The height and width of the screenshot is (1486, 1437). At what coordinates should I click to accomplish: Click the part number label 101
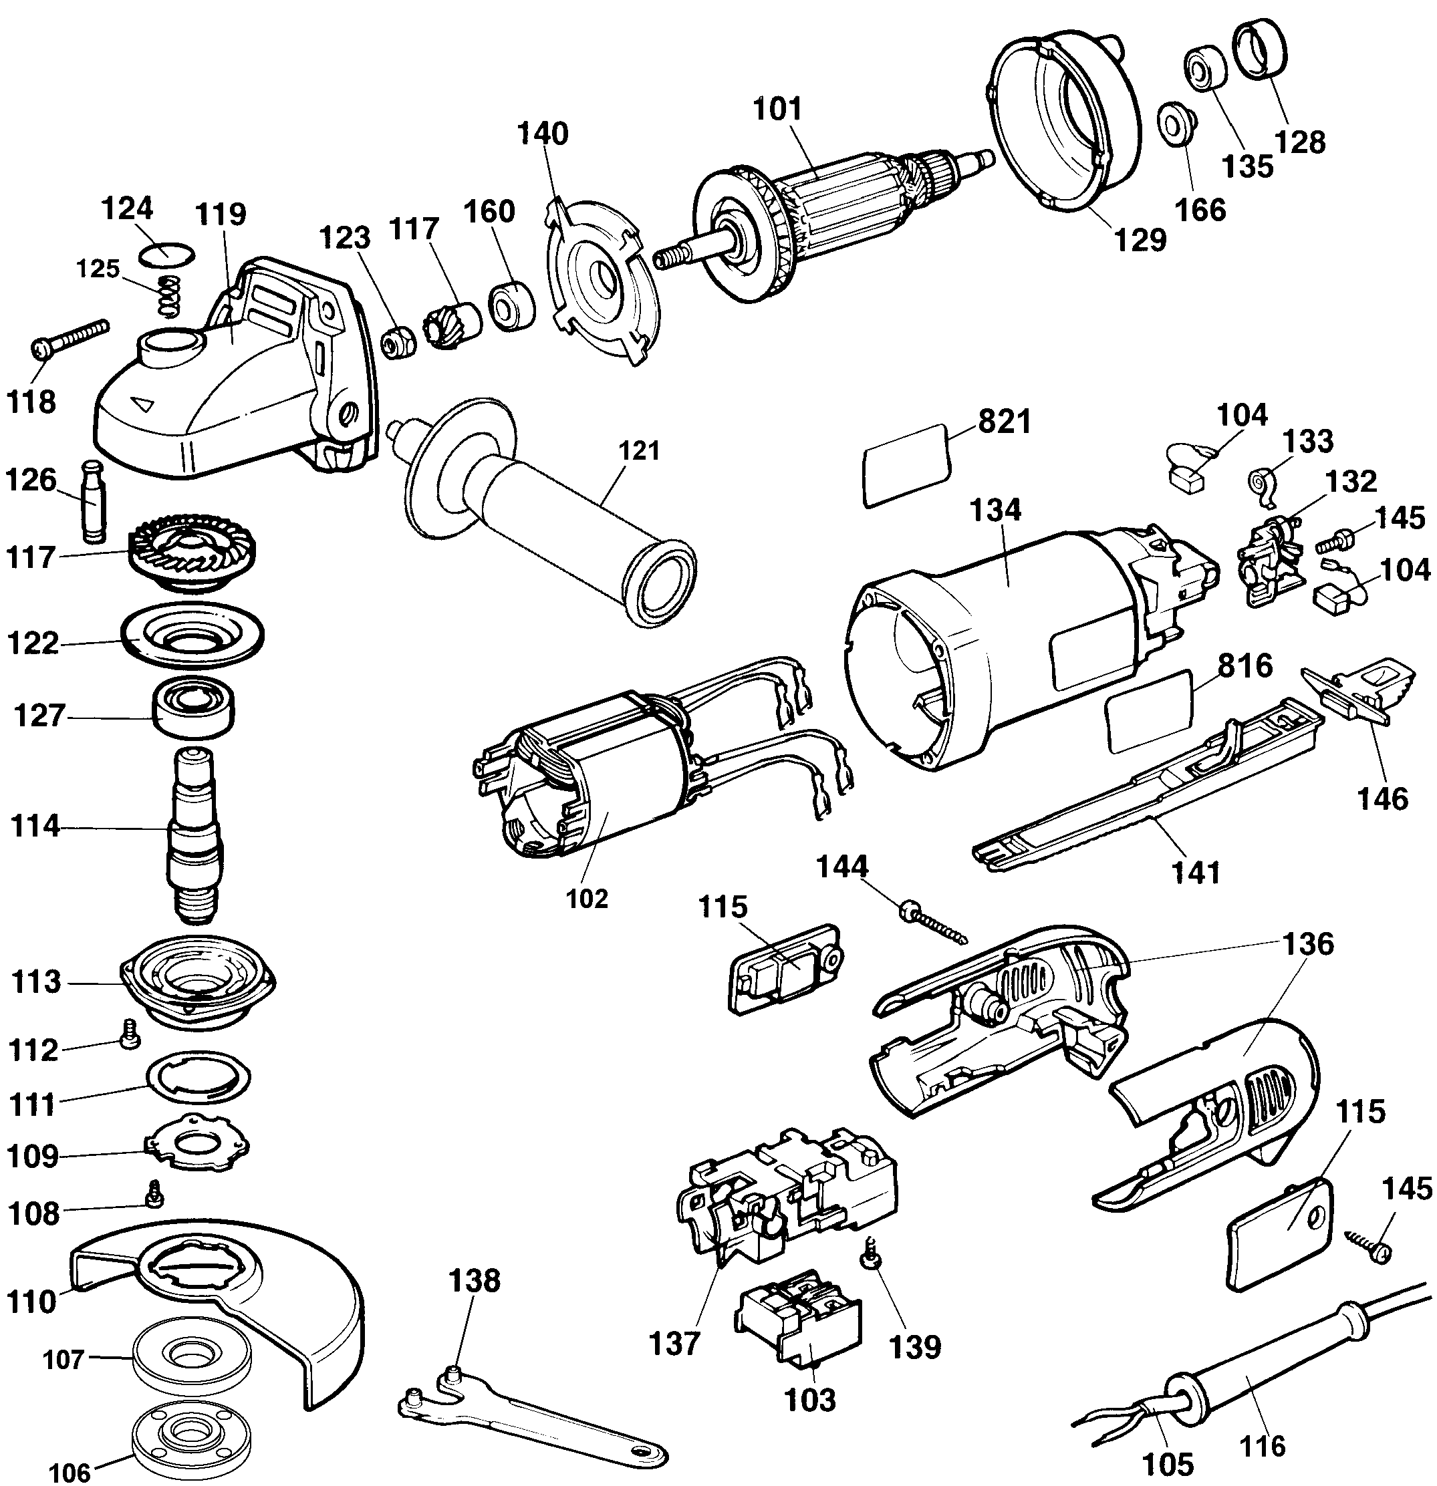777,110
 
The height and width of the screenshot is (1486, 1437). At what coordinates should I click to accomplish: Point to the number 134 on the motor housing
996,510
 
